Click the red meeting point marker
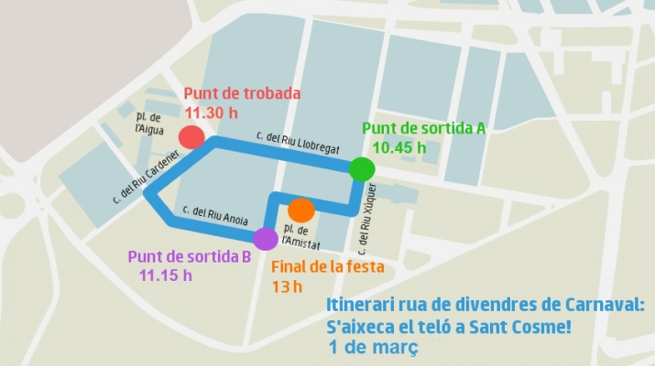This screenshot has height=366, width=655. (x=191, y=137)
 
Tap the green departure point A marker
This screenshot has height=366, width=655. (x=362, y=168)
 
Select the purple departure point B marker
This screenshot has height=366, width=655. (x=265, y=239)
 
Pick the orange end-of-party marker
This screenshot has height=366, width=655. (x=301, y=209)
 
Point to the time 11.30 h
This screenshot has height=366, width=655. (x=212, y=113)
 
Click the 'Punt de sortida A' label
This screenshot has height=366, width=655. (x=423, y=128)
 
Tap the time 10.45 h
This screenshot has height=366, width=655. (x=399, y=146)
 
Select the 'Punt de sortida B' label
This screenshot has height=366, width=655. (x=190, y=256)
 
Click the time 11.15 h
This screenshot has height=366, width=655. (x=166, y=274)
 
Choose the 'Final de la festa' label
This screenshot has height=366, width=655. (x=327, y=267)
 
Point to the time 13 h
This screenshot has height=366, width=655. (x=286, y=286)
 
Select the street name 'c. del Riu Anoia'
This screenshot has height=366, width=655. (x=215, y=215)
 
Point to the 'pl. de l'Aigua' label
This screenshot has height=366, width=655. (x=148, y=123)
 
